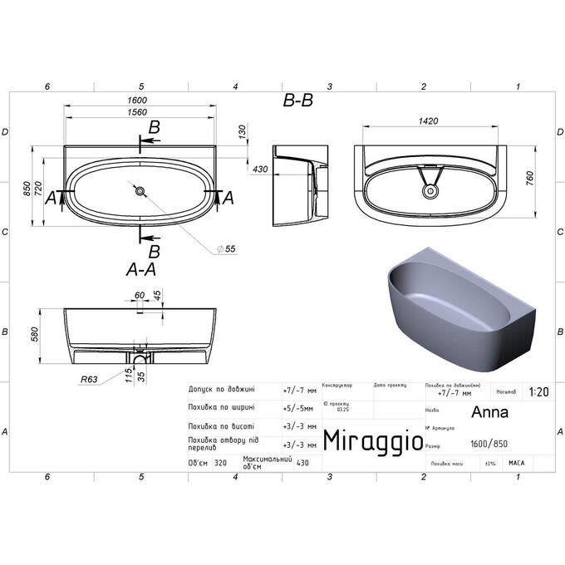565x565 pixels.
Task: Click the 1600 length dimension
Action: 139,101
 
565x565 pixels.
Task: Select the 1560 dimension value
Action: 139,113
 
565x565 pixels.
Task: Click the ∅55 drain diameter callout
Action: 226,249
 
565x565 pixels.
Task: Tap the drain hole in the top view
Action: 140,192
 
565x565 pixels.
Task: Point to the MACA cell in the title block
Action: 516,464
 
